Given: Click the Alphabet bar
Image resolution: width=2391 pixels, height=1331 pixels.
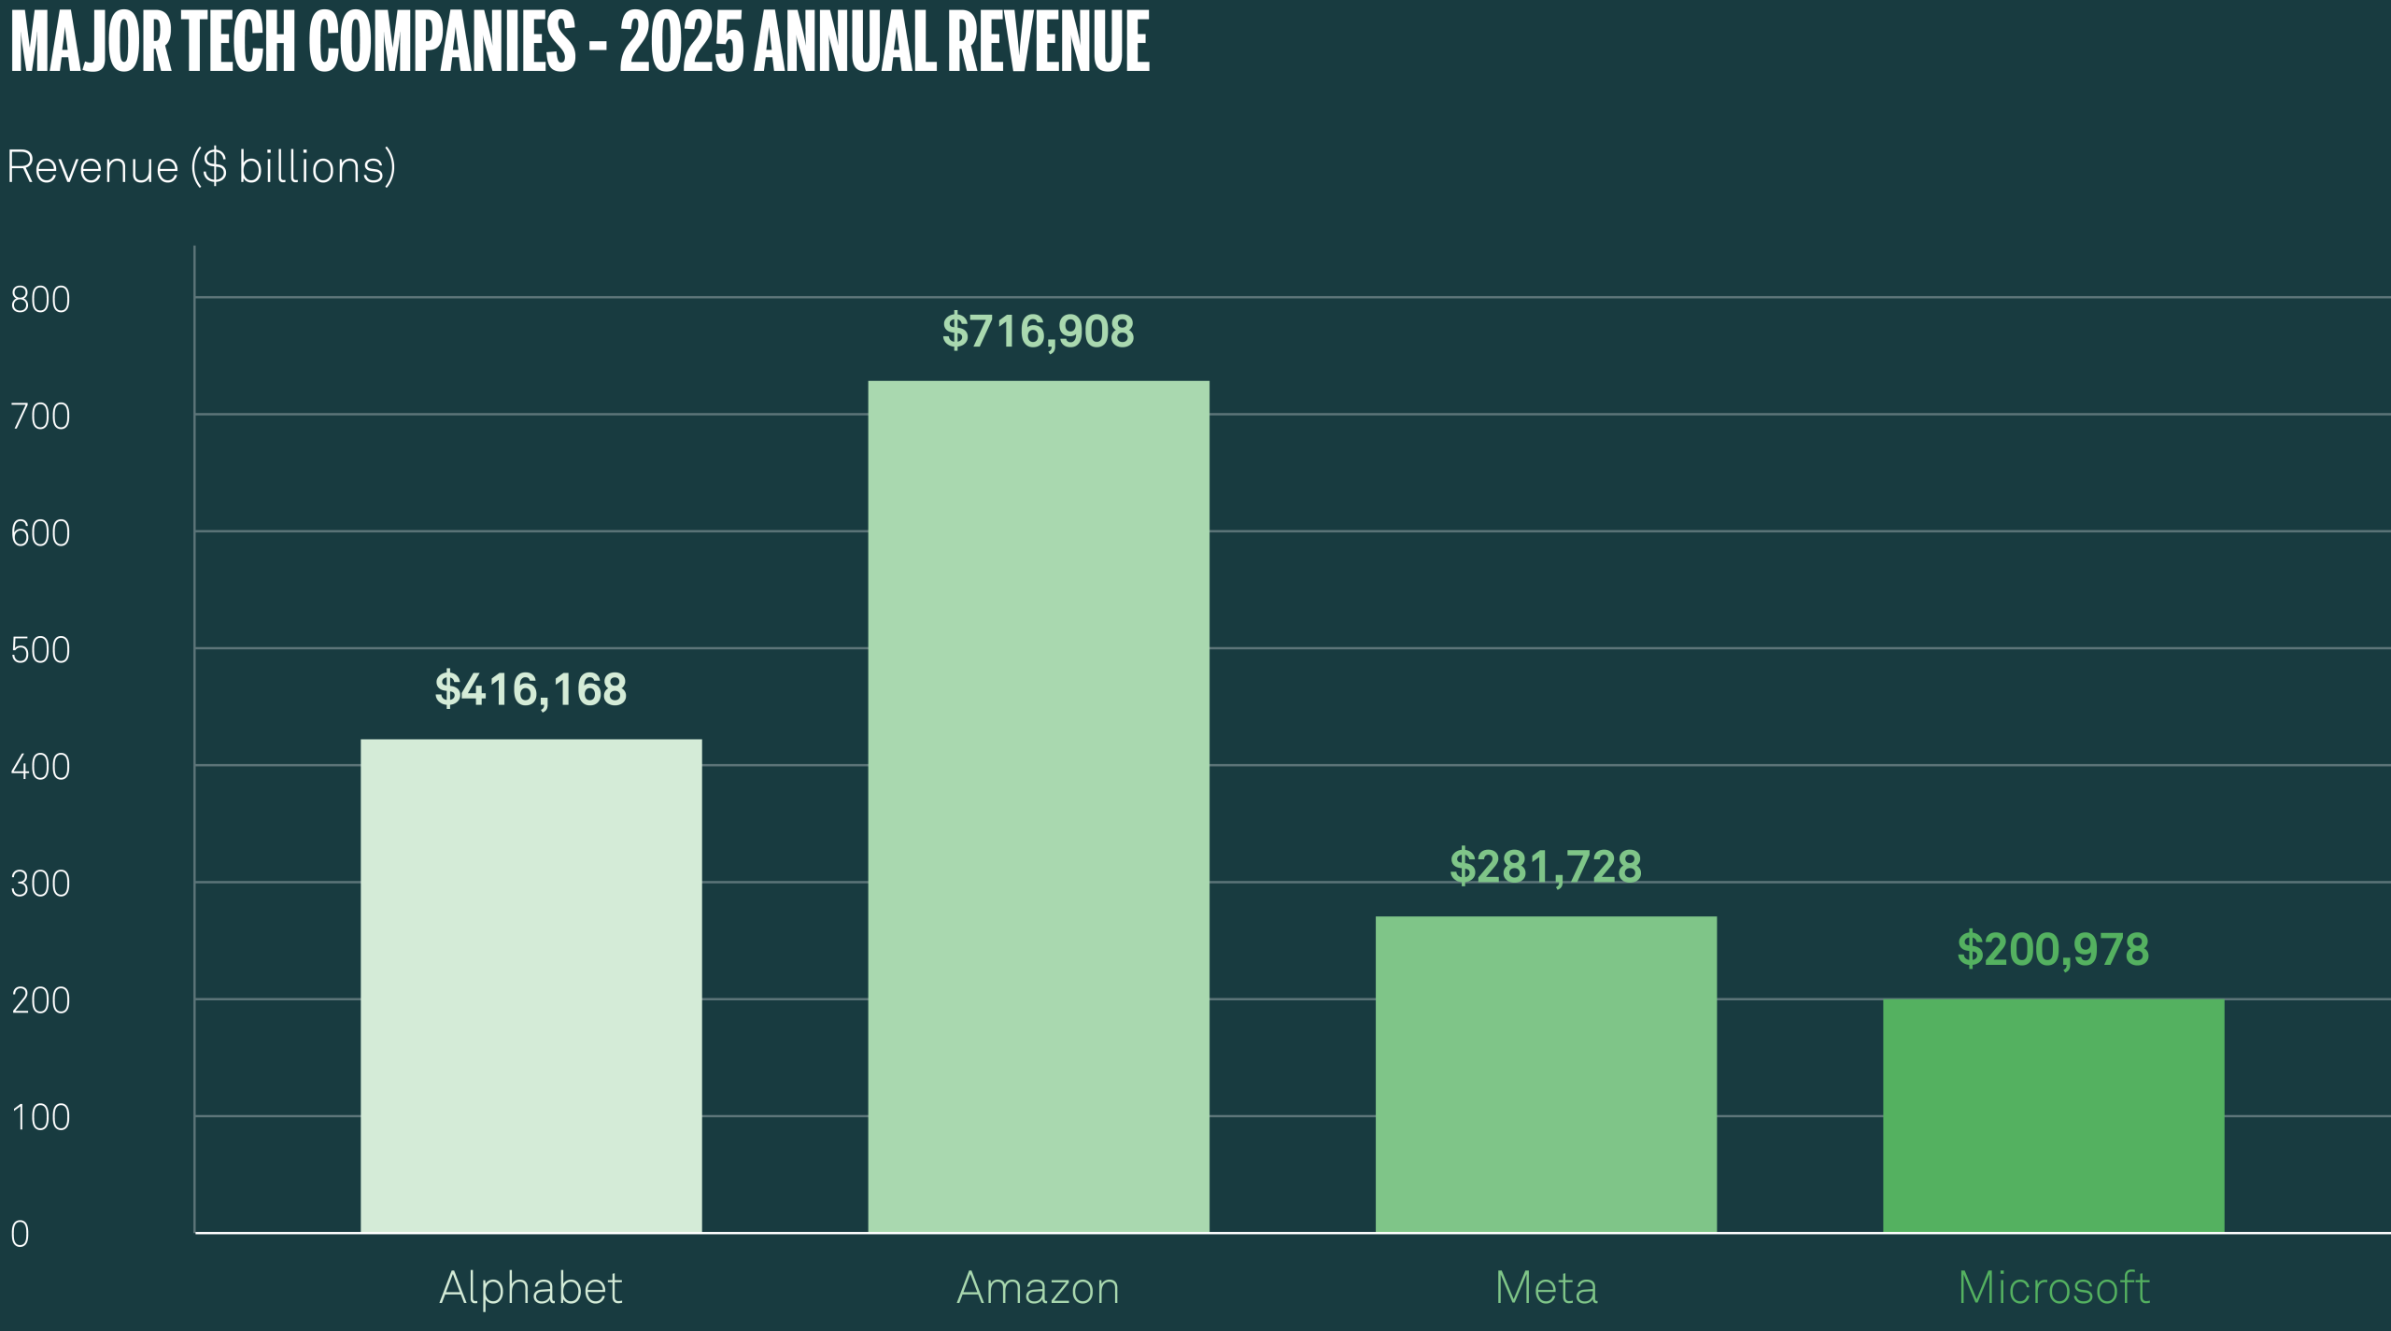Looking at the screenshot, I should point(531,985).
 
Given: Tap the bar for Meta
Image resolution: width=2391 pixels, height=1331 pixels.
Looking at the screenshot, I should point(1545,1074).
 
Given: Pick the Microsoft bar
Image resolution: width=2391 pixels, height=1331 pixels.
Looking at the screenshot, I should point(2053,1115).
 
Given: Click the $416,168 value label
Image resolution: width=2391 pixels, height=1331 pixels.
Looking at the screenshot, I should point(531,689).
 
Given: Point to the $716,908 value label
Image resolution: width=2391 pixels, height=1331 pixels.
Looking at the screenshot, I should point(1038,332).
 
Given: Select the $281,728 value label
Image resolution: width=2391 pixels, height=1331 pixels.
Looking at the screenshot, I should point(1545,867).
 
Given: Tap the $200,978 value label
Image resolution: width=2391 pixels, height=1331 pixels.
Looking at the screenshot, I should point(2053,950).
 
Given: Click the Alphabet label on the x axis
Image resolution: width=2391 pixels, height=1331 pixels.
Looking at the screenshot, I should point(531,1288).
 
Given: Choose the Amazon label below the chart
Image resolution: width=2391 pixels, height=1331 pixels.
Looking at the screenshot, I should point(1038,1288).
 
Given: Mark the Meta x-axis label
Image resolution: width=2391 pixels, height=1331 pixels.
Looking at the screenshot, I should point(1546,1288).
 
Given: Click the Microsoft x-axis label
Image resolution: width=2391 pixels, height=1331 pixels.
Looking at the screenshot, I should point(2054,1288).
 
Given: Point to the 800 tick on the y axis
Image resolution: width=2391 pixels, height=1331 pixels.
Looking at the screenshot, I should point(40,300).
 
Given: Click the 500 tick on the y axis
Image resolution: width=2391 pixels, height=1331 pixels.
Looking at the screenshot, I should point(40,650).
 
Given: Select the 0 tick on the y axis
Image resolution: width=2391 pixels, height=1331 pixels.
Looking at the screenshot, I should point(20,1234).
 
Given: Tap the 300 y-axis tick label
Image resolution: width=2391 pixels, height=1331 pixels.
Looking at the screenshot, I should point(40,884).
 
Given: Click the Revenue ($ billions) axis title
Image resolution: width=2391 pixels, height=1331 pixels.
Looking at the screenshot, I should point(201,167).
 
